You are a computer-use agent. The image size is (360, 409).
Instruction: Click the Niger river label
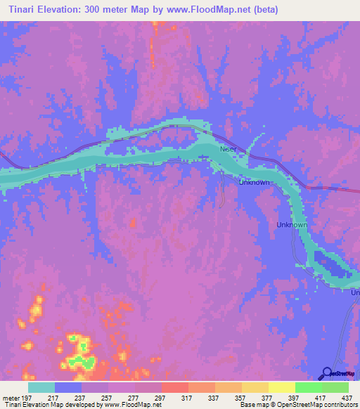point(230,150)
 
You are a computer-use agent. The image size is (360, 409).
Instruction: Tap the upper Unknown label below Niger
point(254,183)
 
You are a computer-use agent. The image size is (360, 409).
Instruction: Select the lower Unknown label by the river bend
point(292,225)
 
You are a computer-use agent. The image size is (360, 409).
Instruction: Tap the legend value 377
point(269,397)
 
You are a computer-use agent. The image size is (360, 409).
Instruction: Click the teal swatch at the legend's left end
point(41,387)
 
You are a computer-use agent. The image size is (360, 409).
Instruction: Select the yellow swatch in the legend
point(281,387)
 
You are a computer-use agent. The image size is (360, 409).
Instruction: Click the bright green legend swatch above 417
point(308,387)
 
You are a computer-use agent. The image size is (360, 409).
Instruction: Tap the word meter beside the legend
point(11,397)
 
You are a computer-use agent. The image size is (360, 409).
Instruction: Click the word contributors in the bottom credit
point(340,405)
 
